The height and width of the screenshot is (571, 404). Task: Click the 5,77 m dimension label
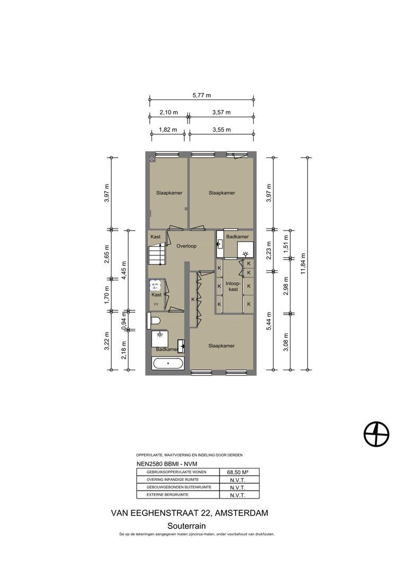(x=202, y=95)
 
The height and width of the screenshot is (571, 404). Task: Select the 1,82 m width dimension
(x=168, y=130)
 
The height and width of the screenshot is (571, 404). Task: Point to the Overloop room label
(x=186, y=246)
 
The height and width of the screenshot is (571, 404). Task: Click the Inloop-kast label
(x=233, y=286)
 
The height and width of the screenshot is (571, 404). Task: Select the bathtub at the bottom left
(x=168, y=363)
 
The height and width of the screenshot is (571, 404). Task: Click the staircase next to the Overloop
(x=156, y=255)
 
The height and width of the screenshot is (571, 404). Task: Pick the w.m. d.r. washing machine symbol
(x=155, y=285)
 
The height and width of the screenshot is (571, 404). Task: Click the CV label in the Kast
(x=156, y=304)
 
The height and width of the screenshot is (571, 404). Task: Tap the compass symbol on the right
(x=376, y=434)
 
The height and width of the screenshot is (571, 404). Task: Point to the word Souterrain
(x=187, y=526)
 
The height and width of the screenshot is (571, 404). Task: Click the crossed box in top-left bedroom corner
(x=152, y=159)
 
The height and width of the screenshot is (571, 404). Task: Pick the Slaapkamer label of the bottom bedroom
(x=221, y=346)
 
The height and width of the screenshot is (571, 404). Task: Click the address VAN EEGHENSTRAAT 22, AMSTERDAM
(x=189, y=513)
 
